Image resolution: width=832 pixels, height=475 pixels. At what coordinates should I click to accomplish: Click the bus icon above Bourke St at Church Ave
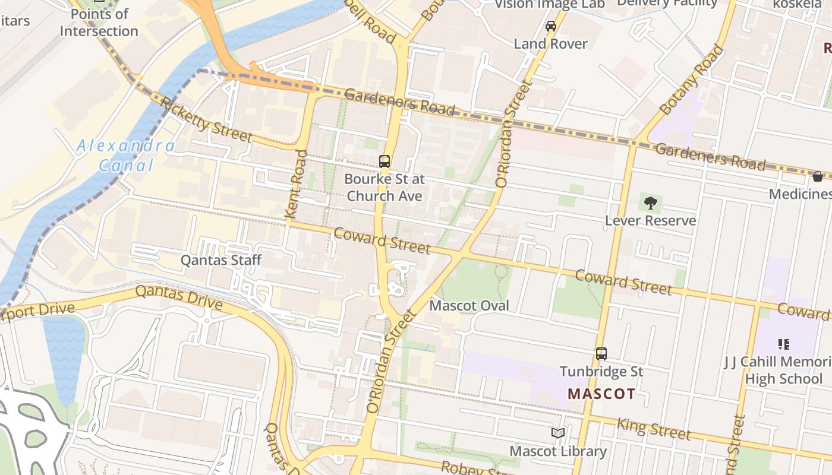[385, 161]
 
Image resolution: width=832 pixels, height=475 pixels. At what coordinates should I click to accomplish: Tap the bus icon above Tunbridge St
[601, 354]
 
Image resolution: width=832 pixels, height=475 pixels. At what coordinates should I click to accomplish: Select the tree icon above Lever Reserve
[651, 203]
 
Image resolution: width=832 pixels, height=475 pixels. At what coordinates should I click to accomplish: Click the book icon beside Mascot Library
[557, 433]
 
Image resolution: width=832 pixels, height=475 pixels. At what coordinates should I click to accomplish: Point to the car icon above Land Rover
[551, 26]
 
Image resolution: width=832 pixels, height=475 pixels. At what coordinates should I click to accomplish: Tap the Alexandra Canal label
[125, 156]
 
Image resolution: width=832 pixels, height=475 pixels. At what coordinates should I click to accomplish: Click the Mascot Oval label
[469, 306]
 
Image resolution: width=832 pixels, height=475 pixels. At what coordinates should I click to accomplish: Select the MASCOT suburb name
[601, 394]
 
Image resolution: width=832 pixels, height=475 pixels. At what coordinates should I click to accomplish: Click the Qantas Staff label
[221, 260]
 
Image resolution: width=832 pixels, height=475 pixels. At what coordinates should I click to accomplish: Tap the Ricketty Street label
[206, 121]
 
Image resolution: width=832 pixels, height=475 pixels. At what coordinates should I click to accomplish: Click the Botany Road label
[692, 80]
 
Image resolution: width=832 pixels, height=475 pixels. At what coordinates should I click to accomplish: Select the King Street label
[654, 428]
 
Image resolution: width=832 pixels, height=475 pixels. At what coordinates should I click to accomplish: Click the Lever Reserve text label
[650, 221]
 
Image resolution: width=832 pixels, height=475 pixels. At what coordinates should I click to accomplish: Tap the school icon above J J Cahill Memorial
[783, 344]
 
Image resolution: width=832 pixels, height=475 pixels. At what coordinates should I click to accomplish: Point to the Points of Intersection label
[99, 22]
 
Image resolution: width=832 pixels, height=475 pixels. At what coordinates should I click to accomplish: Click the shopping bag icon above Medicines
[818, 176]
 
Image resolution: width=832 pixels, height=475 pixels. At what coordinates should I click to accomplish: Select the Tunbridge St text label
[601, 372]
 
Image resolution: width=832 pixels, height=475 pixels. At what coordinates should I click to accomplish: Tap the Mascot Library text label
[558, 451]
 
